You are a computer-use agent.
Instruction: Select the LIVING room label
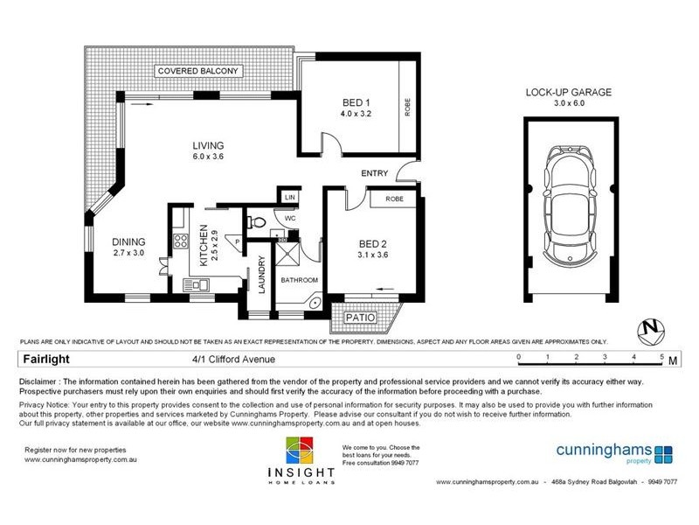[x=209, y=145]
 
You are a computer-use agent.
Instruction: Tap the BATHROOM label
[x=299, y=280]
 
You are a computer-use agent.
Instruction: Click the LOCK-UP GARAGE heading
[x=568, y=92]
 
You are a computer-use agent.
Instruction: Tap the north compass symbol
[x=650, y=330]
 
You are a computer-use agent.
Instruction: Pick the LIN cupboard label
[x=287, y=199]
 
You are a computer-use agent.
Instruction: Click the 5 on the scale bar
[x=661, y=357]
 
